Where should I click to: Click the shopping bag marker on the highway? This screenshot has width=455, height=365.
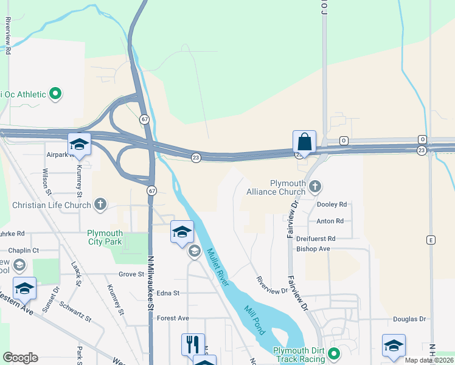pos(304,142)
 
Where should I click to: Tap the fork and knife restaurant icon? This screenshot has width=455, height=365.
pos(193,344)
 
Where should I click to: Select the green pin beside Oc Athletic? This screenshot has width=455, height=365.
pos(55,94)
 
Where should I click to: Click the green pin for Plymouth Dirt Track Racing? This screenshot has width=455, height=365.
pos(334,353)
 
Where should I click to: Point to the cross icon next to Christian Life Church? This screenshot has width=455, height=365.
pos(100,205)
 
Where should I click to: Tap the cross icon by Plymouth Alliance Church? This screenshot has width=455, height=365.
pos(314,186)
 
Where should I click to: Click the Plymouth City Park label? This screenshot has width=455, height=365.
pos(105,237)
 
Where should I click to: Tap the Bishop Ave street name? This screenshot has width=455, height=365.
pos(313,249)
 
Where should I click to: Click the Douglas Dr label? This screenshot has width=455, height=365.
pos(409,319)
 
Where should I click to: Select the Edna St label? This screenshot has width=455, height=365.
pos(168,293)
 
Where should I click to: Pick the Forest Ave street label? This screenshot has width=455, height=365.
pos(173,318)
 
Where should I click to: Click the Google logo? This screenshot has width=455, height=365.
pos(20,358)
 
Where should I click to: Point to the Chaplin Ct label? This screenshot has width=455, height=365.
pos(23,250)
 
